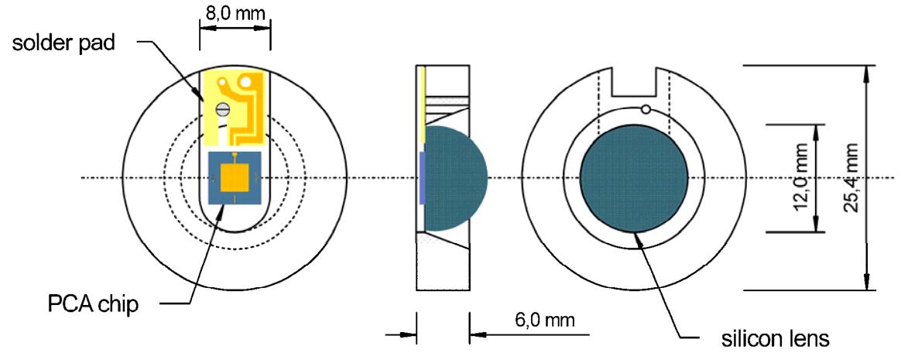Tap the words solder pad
[x=64, y=43]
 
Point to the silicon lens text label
[x=775, y=338]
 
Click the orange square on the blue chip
[x=235, y=178]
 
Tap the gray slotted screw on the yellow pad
[x=222, y=108]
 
